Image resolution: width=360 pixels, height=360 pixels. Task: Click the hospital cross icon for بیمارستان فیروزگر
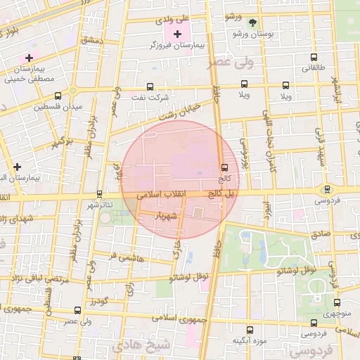pos(176,34)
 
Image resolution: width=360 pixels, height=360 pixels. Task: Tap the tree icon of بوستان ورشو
pos(252,22)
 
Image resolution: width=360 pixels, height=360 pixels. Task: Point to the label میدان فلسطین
pos(58,107)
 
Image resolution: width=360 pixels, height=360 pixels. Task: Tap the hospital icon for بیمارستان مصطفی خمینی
pos(29,57)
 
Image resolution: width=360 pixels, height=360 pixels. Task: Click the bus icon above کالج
pos(224,167)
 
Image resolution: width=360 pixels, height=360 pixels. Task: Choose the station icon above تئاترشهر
pos(99,194)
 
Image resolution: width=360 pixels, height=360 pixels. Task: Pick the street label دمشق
pos(91,41)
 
